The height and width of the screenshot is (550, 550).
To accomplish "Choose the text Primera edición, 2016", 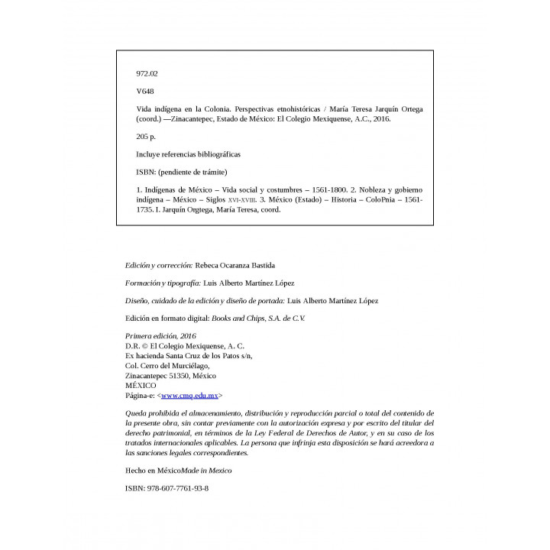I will tap(160, 335).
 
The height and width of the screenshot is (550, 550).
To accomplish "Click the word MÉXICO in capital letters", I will tap(140, 386).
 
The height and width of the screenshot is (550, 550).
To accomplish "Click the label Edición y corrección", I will tap(158, 264).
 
